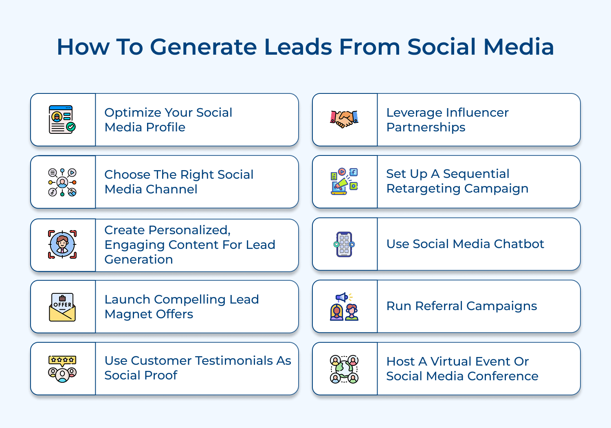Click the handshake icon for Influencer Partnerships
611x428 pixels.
(344, 120)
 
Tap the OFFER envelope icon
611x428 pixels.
(62, 307)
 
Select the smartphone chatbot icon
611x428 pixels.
(344, 244)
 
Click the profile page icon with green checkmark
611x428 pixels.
(62, 120)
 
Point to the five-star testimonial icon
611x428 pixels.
(62, 368)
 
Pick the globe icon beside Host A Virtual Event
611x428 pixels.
(344, 369)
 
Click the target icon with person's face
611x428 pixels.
(62, 244)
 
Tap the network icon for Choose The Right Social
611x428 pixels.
(62, 182)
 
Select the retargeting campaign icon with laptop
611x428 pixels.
(344, 182)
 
